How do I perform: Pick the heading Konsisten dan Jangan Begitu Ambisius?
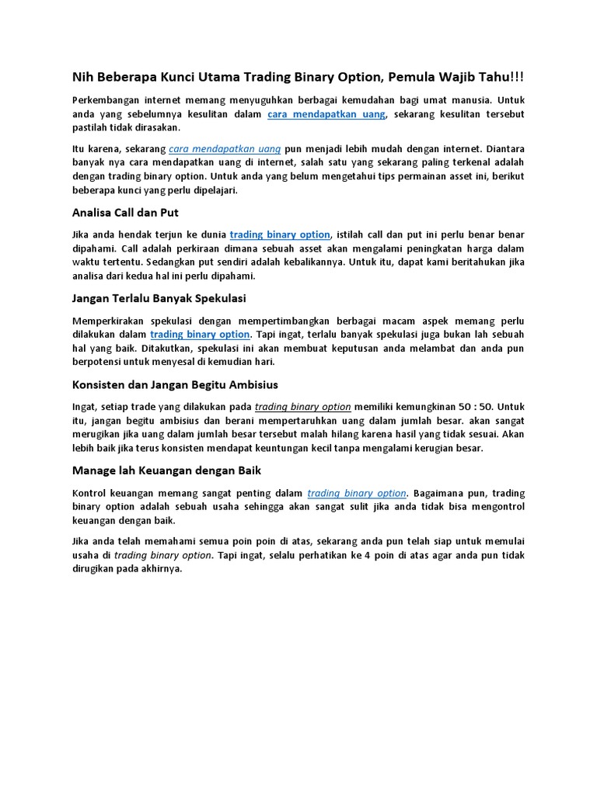175,384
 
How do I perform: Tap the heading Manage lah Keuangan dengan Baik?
166,470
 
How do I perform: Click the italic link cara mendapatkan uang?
224,148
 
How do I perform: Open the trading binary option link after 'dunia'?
281,234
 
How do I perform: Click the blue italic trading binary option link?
357,493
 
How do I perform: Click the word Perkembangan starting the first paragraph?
106,100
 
